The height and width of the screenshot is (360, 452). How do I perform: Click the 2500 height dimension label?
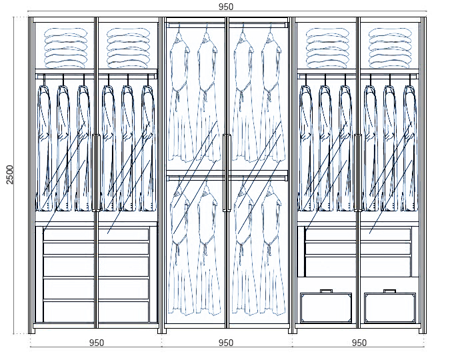[x=9, y=175]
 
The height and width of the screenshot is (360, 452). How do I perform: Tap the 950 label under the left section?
[x=96, y=343]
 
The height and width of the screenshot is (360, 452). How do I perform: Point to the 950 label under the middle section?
[x=226, y=343]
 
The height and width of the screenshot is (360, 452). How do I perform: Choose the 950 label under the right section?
[x=359, y=343]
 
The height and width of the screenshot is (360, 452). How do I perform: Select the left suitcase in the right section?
[x=326, y=307]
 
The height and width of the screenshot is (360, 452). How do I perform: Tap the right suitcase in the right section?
[x=390, y=307]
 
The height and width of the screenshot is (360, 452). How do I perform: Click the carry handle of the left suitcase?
[x=326, y=291]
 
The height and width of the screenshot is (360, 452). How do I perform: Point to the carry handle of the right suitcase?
[x=390, y=291]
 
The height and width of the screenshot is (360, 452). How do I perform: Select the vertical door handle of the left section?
[x=97, y=172]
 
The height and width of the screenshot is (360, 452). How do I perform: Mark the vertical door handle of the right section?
[x=357, y=172]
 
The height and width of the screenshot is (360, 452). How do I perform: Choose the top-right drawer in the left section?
[x=124, y=234]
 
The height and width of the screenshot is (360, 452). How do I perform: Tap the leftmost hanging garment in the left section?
[x=45, y=147]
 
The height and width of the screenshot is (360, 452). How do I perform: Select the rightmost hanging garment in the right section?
[x=409, y=147]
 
